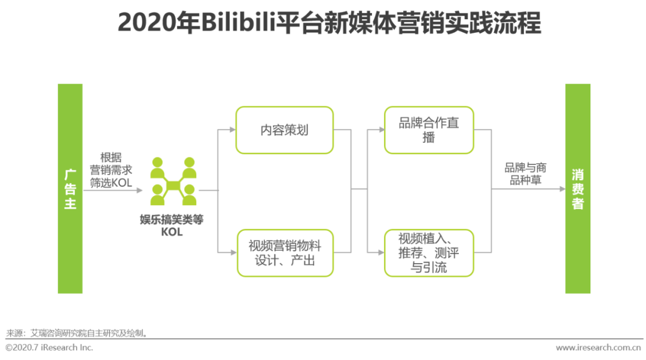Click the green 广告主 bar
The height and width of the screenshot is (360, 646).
(70, 188)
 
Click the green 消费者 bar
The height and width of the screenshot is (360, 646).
(578, 188)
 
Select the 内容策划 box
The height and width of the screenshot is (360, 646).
(284, 130)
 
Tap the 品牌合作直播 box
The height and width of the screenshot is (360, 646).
(429, 130)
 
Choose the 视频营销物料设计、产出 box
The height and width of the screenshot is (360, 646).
(285, 253)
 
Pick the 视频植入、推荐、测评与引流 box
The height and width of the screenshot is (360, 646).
(429, 253)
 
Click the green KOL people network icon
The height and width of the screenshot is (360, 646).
(173, 181)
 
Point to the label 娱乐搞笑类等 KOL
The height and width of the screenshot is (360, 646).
(172, 225)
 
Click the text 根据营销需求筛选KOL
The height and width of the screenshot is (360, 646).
(111, 170)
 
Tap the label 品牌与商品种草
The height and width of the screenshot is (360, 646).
(525, 174)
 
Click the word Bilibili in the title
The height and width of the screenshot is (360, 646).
(237, 22)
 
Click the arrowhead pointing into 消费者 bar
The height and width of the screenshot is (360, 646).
(562, 189)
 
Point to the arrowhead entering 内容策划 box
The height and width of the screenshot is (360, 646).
(233, 130)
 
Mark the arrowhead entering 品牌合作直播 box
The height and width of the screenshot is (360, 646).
(382, 130)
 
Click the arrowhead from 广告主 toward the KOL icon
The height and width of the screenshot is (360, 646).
(139, 190)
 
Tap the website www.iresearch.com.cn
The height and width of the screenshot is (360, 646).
(598, 347)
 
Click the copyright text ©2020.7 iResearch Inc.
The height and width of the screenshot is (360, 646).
(50, 347)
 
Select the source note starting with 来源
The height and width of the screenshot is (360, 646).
(77, 333)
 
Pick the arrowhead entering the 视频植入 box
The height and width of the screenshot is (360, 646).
(382, 252)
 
